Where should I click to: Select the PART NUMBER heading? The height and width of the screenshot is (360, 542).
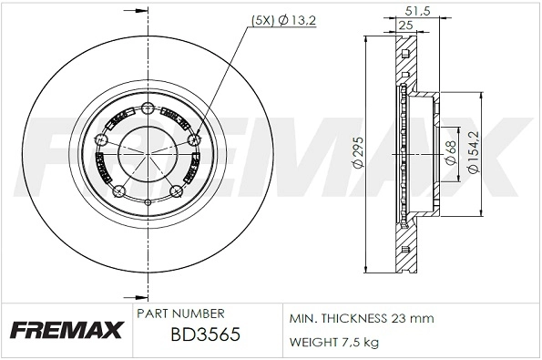180,313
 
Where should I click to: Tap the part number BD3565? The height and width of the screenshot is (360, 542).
205,334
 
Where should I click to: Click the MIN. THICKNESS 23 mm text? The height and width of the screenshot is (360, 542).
362,318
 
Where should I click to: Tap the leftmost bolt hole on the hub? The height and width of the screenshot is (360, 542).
99,141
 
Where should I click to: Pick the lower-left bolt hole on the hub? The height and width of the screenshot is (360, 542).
117,191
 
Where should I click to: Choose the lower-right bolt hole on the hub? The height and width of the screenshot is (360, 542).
175,190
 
